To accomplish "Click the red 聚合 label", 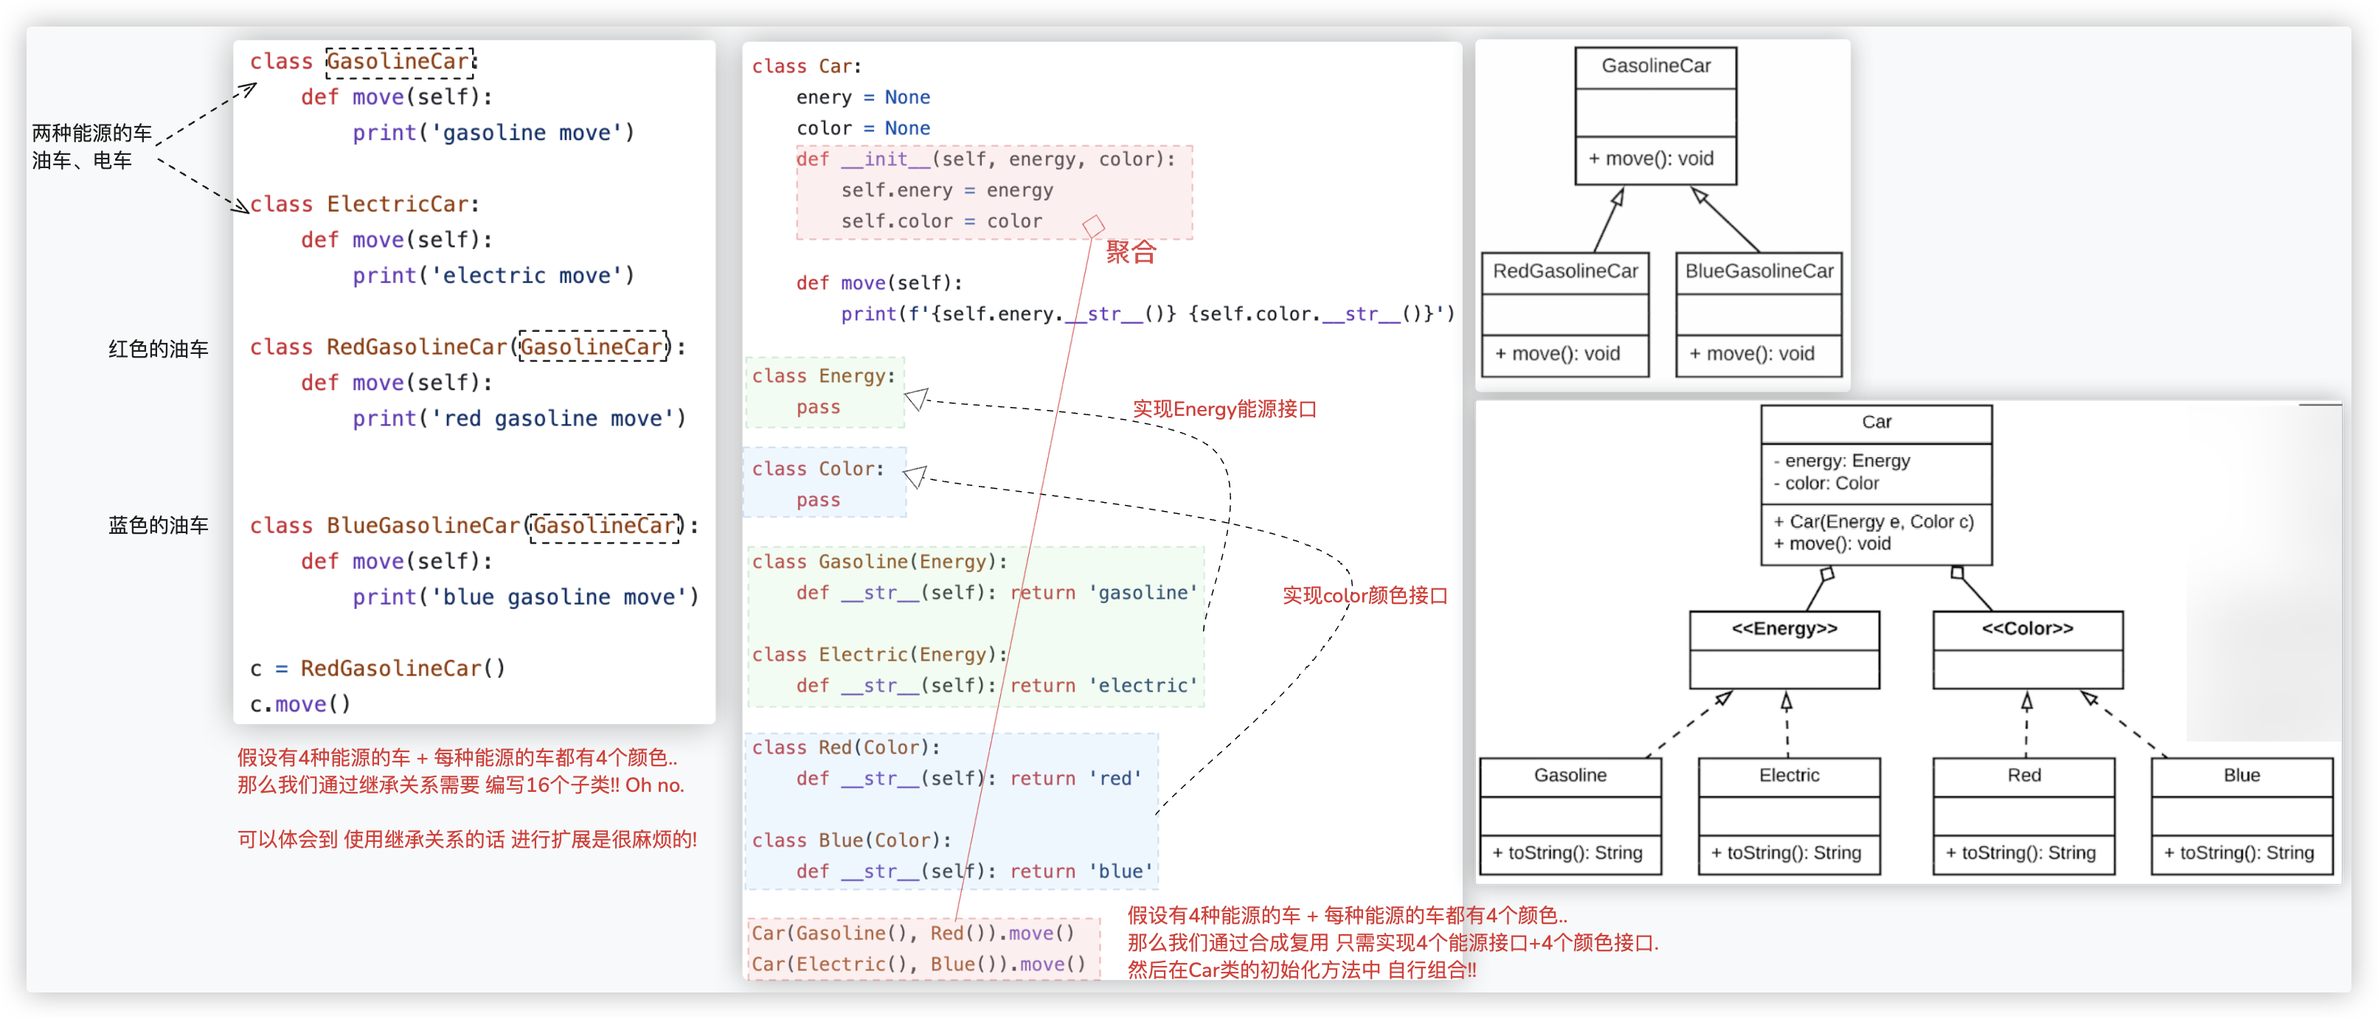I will click(1130, 252).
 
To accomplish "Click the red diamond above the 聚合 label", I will click(1094, 225).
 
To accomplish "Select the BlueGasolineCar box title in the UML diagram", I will click(1758, 271).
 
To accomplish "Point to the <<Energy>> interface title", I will click(1783, 628).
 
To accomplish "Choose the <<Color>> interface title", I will click(2027, 628).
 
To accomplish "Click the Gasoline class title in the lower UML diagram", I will click(1570, 776).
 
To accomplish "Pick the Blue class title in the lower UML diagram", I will click(2241, 776).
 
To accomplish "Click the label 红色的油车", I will click(158, 349).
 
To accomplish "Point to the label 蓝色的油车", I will click(158, 525).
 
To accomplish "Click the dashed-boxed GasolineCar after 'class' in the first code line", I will click(400, 62).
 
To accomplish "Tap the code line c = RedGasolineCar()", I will click(378, 668).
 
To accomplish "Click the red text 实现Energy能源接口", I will click(1224, 409).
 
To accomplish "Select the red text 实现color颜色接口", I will click(1365, 595).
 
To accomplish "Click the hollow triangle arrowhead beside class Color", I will click(915, 476).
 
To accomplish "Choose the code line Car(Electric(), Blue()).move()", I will click(918, 964).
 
